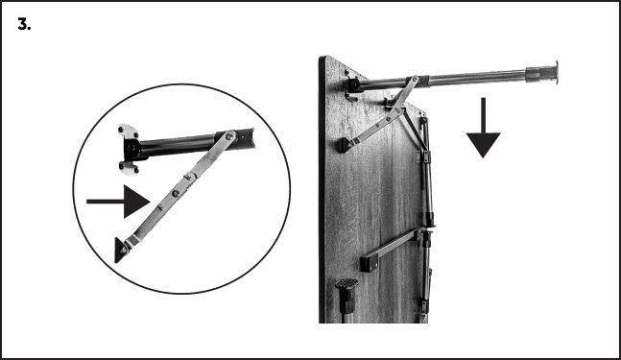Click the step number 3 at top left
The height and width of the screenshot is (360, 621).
click(x=24, y=25)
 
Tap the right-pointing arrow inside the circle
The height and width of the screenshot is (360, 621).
click(x=118, y=202)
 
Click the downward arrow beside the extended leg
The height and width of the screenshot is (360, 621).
click(x=483, y=128)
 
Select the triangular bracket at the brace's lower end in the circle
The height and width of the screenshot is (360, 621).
click(x=122, y=250)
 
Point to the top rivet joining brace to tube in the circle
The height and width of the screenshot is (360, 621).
click(x=228, y=136)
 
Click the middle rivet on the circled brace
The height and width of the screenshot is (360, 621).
click(x=176, y=193)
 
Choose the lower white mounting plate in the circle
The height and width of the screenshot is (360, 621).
click(x=129, y=168)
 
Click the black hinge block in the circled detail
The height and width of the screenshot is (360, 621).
click(x=132, y=150)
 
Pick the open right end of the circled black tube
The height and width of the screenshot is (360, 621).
click(x=250, y=137)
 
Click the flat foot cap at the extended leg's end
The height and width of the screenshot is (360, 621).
click(x=556, y=72)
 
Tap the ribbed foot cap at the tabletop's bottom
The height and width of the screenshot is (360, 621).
click(x=346, y=284)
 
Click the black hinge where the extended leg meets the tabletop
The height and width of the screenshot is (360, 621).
click(x=353, y=85)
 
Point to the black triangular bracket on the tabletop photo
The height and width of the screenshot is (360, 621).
click(x=345, y=145)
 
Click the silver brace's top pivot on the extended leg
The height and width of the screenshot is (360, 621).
click(x=415, y=80)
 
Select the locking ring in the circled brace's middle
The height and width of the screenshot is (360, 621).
click(x=190, y=176)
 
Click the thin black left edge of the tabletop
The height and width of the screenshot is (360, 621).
click(x=322, y=189)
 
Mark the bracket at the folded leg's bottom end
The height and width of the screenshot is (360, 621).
click(x=424, y=307)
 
